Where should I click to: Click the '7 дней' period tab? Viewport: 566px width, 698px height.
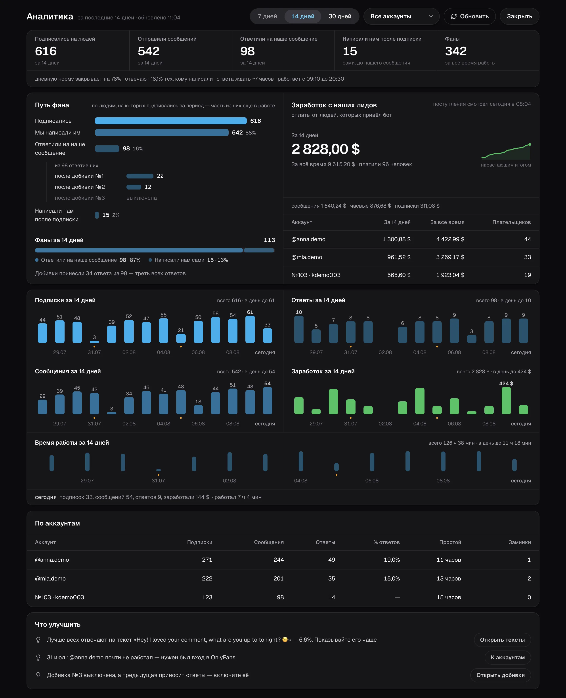point(267,16)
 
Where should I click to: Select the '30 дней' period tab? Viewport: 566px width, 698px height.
point(340,16)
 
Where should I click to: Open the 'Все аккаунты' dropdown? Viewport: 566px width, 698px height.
point(401,16)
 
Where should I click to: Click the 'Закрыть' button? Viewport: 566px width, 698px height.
point(519,16)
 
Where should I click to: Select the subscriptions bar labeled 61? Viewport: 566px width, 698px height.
point(250,329)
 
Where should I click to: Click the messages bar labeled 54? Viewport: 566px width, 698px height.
point(267,401)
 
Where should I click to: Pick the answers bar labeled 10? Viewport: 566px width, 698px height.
point(299,329)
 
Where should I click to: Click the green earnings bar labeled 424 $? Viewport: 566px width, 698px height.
point(506,401)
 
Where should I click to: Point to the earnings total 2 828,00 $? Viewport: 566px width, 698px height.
point(325,149)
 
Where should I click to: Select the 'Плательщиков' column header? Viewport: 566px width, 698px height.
point(512,222)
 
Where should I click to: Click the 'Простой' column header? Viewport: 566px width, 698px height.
point(450,542)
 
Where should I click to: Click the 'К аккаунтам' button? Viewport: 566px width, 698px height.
point(508,658)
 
